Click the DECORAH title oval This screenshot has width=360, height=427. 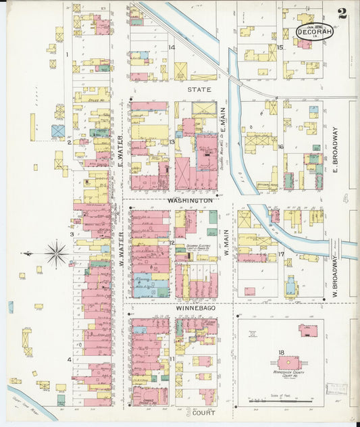[314, 31]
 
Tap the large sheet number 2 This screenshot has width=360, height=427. [343, 13]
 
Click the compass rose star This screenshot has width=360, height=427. [56, 253]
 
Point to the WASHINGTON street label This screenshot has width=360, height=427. [190, 201]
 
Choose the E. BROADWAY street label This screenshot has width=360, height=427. [334, 149]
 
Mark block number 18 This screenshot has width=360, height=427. [280, 352]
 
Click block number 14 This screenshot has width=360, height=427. [172, 47]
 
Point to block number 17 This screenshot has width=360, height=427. [280, 254]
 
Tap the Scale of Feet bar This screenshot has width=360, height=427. [280, 401]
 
